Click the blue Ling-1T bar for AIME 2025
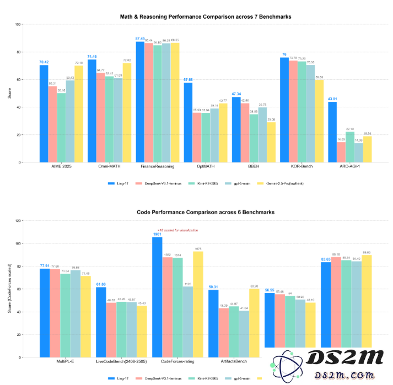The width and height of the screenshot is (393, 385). click(44, 113)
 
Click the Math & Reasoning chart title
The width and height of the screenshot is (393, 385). click(206, 17)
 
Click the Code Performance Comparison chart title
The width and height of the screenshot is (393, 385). click(206, 212)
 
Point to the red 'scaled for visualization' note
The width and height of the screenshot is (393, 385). click(178, 230)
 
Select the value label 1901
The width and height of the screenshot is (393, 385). click(157, 234)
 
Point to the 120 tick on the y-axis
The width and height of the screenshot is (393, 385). click(18, 221)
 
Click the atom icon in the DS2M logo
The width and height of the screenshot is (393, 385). click(283, 369)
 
